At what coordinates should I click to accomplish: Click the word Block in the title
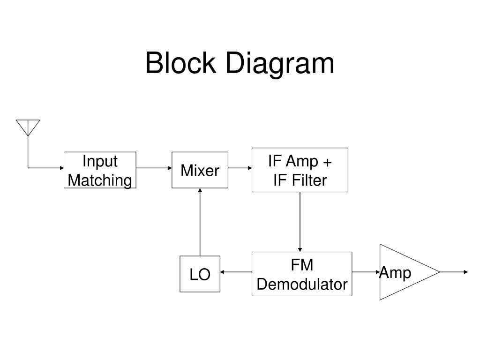pyautogui.click(x=180, y=63)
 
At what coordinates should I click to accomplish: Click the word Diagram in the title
pyautogui.click(x=280, y=65)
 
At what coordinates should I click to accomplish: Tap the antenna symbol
pyautogui.click(x=28, y=127)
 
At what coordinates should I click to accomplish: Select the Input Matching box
pyautogui.click(x=100, y=170)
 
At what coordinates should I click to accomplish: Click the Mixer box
pyautogui.click(x=200, y=170)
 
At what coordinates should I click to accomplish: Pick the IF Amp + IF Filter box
pyautogui.click(x=300, y=170)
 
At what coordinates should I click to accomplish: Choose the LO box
pyautogui.click(x=200, y=274)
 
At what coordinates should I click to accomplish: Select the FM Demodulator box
pyautogui.click(x=302, y=274)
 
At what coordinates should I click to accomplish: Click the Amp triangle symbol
pyautogui.click(x=410, y=272)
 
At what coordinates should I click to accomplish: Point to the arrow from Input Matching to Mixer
pyautogui.click(x=154, y=168)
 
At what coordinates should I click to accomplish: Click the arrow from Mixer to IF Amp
pyautogui.click(x=240, y=168)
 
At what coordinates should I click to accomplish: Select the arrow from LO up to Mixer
pyautogui.click(x=200, y=222)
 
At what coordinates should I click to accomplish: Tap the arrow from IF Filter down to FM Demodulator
pyautogui.click(x=300, y=222)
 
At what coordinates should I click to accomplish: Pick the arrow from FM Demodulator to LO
pyautogui.click(x=236, y=272)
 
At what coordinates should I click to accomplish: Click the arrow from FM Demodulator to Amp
pyautogui.click(x=366, y=272)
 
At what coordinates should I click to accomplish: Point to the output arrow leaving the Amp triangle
pyautogui.click(x=454, y=272)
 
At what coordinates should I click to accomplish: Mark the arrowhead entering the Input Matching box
pyautogui.click(x=62, y=168)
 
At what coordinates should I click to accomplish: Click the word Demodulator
pyautogui.click(x=302, y=285)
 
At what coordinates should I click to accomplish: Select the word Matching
pyautogui.click(x=100, y=180)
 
